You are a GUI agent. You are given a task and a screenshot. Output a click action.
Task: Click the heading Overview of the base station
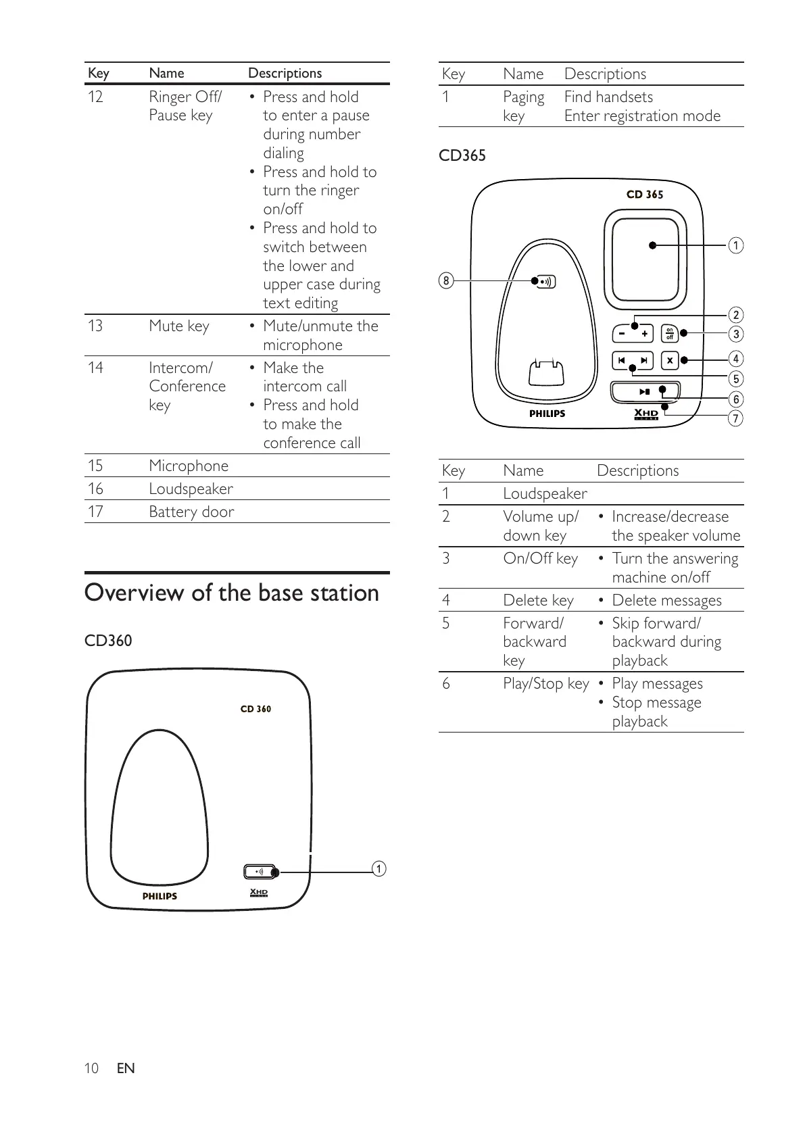pyautogui.click(x=232, y=593)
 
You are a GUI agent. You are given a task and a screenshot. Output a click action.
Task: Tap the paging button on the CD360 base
pyautogui.click(x=260, y=872)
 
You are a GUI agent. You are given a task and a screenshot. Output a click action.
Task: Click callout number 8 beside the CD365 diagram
pyautogui.click(x=445, y=280)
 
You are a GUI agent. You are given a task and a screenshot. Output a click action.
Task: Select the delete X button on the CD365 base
pyautogui.click(x=669, y=360)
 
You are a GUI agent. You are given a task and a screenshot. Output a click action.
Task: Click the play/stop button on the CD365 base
pyautogui.click(x=645, y=391)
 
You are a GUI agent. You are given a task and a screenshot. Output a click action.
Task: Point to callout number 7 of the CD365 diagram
pyautogui.click(x=735, y=418)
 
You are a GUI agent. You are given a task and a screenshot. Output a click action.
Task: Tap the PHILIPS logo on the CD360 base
pyautogui.click(x=160, y=896)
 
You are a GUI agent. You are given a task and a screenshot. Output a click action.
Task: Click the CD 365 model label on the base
pyautogui.click(x=645, y=195)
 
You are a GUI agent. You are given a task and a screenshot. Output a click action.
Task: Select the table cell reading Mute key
pyautogui.click(x=179, y=326)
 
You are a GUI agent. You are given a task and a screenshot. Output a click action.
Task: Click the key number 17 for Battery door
pyautogui.click(x=95, y=512)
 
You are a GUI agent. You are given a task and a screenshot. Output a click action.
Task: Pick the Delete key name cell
pyautogui.click(x=538, y=600)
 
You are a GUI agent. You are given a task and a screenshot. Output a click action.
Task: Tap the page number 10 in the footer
pyautogui.click(x=91, y=1068)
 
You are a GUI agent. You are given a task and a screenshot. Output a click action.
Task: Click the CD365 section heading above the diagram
pyautogui.click(x=462, y=155)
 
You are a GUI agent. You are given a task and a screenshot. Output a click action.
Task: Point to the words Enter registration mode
pyautogui.click(x=642, y=116)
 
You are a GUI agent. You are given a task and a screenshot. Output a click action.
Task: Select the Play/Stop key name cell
pyautogui.click(x=545, y=684)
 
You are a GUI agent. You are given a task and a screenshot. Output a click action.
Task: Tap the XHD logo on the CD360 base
pyautogui.click(x=259, y=893)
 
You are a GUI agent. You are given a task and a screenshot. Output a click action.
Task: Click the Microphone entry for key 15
pyautogui.click(x=189, y=466)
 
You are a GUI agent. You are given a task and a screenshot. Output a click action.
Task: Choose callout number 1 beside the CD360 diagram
pyautogui.click(x=380, y=868)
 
